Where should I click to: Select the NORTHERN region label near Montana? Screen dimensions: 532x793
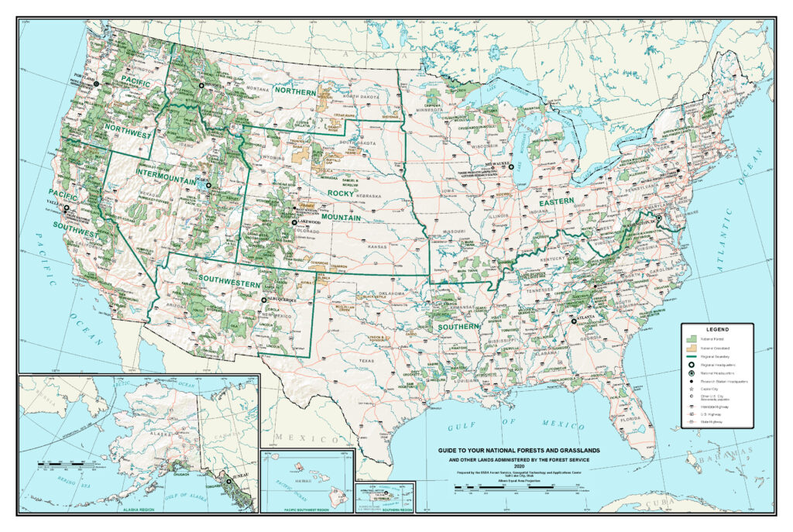pos(296,91)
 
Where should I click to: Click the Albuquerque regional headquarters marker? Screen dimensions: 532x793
pos(264,300)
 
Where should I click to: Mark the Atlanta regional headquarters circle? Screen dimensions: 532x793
pos(574,321)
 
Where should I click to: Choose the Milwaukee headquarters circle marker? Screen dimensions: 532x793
pos(511,166)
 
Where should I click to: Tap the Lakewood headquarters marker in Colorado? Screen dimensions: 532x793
pos(294,222)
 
